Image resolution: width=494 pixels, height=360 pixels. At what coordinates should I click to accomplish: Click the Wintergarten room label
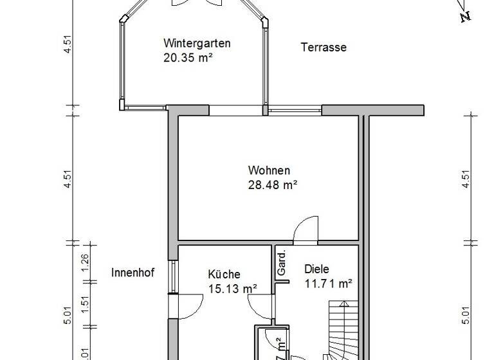(197, 44)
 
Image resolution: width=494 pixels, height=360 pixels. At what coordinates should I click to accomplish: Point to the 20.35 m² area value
(188, 57)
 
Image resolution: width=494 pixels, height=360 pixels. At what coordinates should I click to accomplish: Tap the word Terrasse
(324, 47)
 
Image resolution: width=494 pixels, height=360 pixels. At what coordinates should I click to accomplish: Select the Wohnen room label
(269, 171)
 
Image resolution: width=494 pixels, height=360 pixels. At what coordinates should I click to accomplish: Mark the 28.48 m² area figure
(272, 185)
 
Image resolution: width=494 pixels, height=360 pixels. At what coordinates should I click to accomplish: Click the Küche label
(224, 274)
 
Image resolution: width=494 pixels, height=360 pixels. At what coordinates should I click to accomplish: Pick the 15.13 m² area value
(233, 289)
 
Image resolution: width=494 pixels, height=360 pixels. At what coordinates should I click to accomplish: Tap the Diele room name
(316, 269)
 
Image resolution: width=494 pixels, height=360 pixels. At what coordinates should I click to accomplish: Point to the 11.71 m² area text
(327, 283)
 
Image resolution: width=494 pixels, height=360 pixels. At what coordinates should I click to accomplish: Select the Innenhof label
(133, 272)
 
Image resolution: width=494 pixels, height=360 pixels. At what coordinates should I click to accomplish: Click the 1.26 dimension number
(85, 264)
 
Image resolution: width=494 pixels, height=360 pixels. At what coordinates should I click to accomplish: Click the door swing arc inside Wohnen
(303, 230)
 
